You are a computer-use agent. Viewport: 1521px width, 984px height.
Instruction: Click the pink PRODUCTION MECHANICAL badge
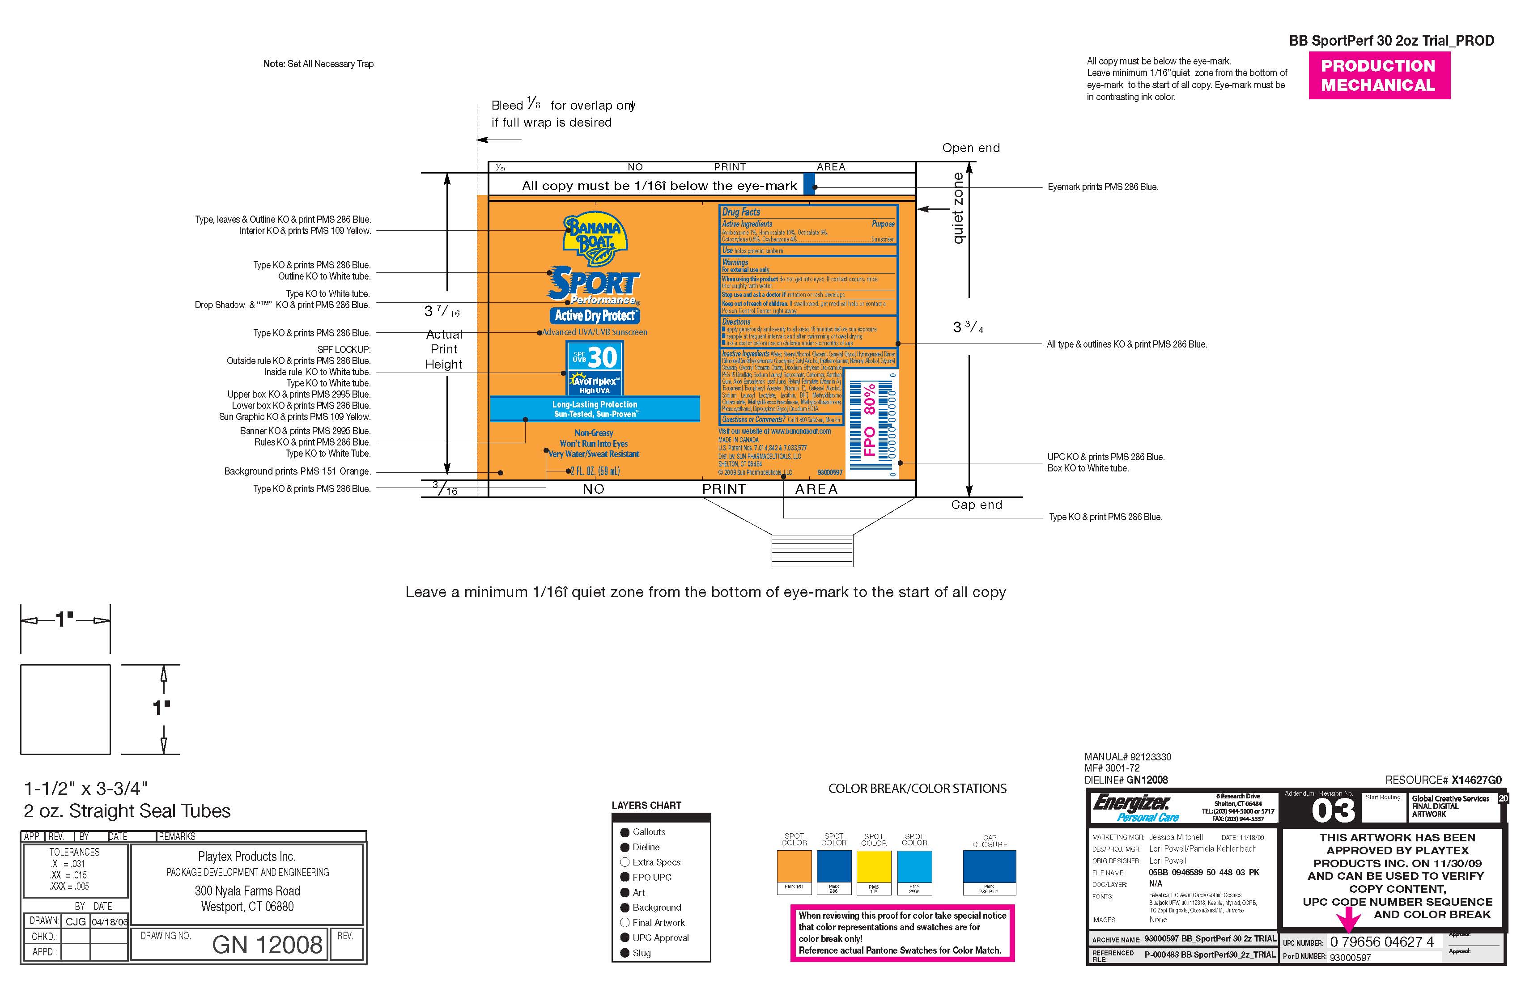[x=1378, y=76]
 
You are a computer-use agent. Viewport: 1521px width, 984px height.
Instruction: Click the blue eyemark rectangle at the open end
[x=809, y=183]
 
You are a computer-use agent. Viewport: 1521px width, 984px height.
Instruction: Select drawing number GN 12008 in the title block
[x=267, y=944]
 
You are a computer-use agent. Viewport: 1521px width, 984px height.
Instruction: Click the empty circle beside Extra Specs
[x=625, y=862]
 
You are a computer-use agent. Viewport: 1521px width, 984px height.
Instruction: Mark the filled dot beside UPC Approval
[x=625, y=937]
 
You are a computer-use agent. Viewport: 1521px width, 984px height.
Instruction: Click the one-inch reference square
[x=65, y=709]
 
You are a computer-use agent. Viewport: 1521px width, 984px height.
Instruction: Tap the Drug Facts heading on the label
[x=741, y=212]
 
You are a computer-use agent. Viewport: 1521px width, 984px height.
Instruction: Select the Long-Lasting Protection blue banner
[x=595, y=409]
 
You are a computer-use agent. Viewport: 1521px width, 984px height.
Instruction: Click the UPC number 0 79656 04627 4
[x=1382, y=942]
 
